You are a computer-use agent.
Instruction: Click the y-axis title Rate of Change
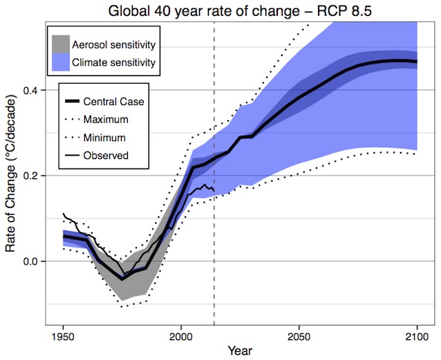12,182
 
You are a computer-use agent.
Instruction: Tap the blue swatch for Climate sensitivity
67,63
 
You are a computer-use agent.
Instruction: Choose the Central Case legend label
113,102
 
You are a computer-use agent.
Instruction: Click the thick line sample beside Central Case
70,102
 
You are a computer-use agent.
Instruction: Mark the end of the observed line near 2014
214,191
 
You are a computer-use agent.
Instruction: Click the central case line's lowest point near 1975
122,278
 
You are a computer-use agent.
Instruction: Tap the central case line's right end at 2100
415,61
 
